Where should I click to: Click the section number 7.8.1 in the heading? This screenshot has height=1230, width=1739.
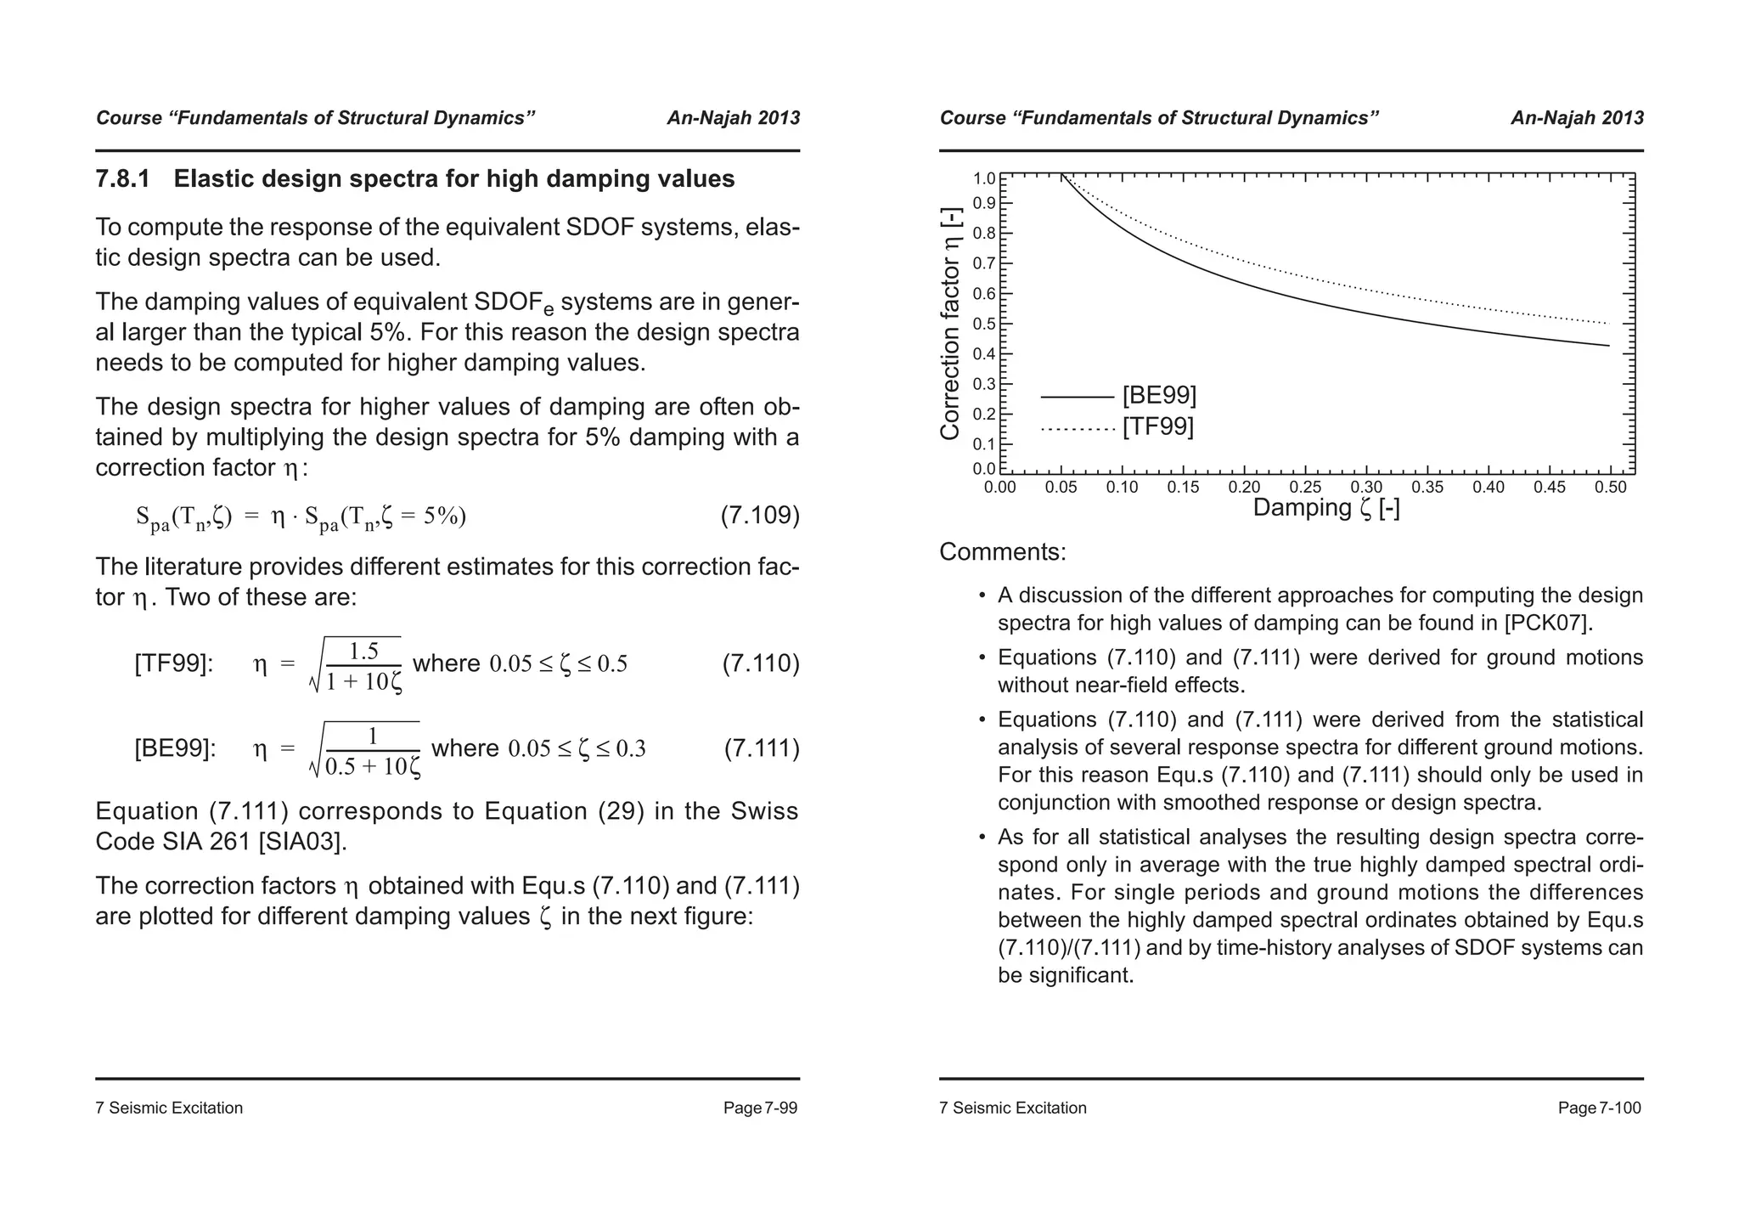(x=122, y=179)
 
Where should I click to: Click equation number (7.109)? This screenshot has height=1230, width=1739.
(x=760, y=516)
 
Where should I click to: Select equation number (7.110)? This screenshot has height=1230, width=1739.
(x=761, y=663)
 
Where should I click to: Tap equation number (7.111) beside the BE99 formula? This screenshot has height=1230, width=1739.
(x=762, y=748)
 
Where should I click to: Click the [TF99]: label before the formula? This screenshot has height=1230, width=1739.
(x=174, y=663)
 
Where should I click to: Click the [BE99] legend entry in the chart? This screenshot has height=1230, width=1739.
(x=1159, y=396)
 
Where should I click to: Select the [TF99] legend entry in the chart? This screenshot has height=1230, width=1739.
(x=1157, y=426)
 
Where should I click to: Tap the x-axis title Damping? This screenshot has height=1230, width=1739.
(x=1326, y=508)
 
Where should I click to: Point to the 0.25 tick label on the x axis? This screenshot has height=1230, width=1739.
(x=1305, y=488)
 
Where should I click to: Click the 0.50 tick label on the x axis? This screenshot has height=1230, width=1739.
(x=1610, y=488)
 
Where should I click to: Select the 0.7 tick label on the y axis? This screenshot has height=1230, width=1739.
(x=983, y=264)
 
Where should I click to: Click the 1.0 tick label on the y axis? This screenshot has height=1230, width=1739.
(x=983, y=178)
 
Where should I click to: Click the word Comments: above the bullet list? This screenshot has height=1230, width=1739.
(x=1002, y=552)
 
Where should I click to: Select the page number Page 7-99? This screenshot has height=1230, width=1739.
(x=760, y=1108)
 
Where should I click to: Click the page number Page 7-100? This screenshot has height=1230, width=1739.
(x=1599, y=1108)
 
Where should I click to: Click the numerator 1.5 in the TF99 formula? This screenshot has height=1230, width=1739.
(x=363, y=652)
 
